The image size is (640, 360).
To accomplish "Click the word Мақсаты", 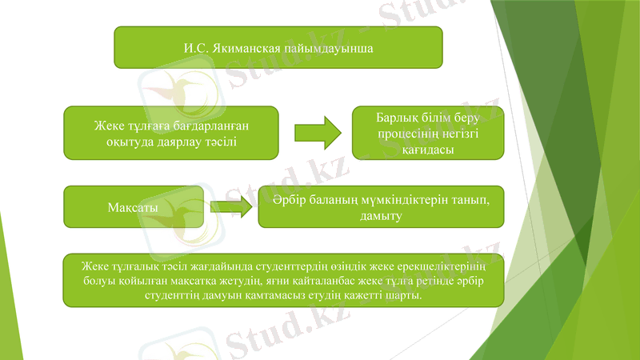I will coord(132,208).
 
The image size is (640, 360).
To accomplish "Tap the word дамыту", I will coord(381,216).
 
